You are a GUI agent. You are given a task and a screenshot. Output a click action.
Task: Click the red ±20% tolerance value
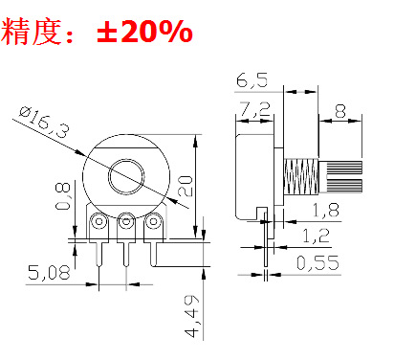(144, 33)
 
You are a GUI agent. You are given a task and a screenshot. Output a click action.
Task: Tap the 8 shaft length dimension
(341, 111)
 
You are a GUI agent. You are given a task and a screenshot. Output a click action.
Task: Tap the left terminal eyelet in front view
(99, 224)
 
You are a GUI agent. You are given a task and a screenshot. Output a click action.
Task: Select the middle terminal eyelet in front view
(124, 224)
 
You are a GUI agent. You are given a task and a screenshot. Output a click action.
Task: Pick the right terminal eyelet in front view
(150, 224)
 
